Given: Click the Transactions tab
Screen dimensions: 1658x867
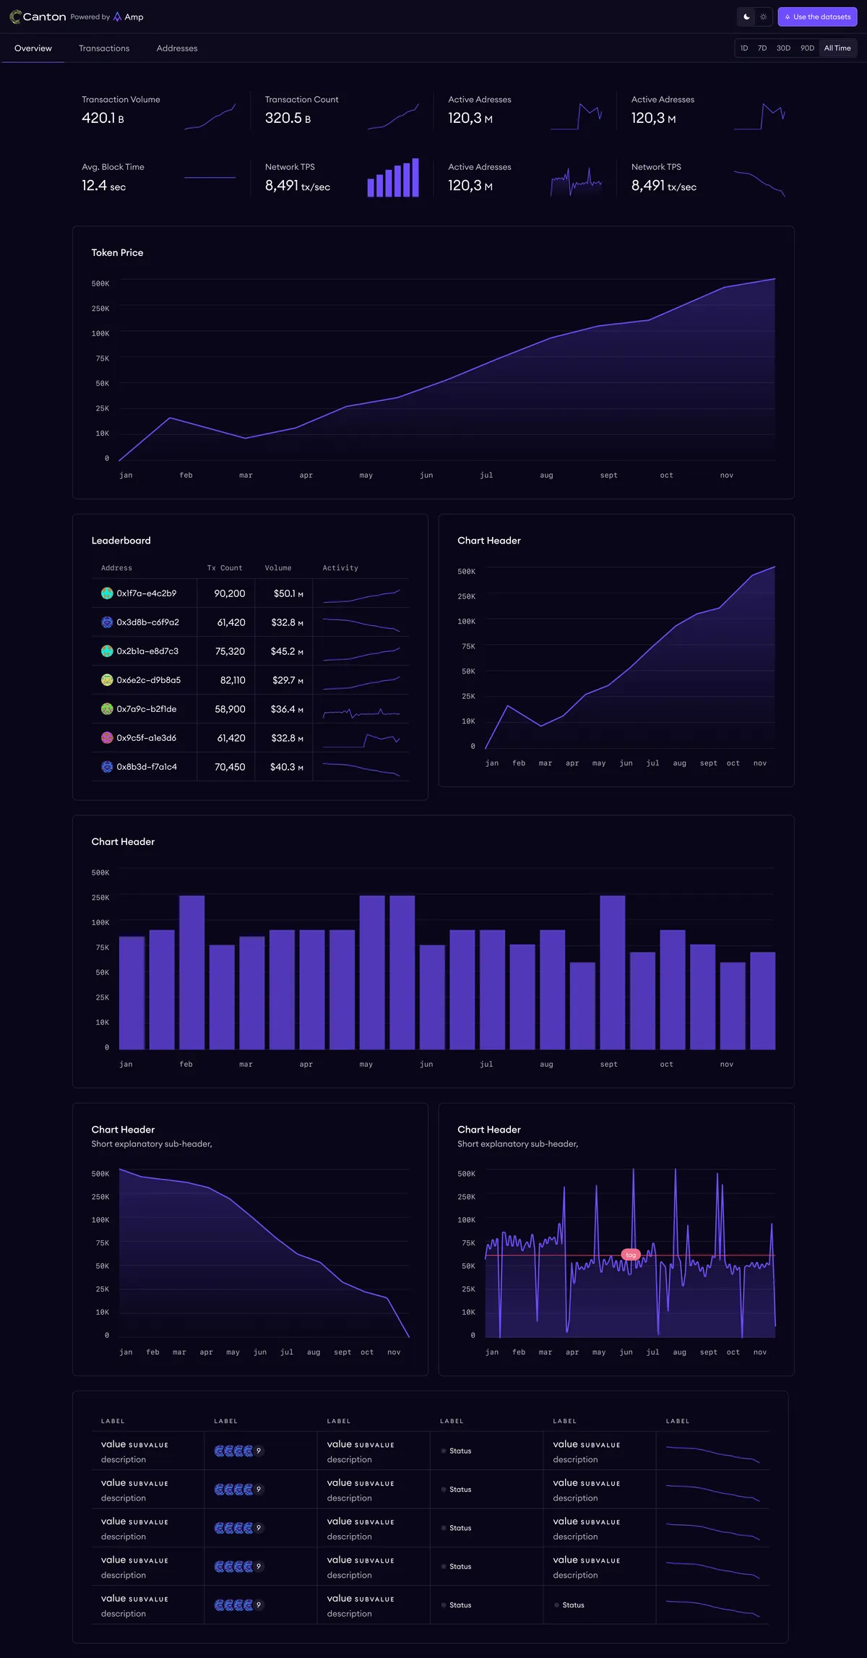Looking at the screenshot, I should (x=104, y=48).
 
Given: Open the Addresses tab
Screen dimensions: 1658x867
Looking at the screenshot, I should (x=177, y=48).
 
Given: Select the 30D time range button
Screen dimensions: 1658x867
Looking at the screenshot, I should (x=783, y=48).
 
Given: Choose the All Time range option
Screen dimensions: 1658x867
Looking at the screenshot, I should (x=837, y=48).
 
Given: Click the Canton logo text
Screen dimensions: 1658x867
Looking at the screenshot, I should (x=44, y=17).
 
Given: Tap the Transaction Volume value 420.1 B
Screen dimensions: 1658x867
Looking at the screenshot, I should (x=103, y=119).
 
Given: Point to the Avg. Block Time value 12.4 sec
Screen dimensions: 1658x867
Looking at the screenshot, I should (x=103, y=186).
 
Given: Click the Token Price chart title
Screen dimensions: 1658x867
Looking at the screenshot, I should (x=117, y=253).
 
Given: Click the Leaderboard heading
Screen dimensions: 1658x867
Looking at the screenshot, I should (x=121, y=541).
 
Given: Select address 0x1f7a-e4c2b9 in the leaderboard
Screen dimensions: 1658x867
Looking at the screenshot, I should (x=146, y=593).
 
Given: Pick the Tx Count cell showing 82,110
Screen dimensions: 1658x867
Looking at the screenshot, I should (x=233, y=680).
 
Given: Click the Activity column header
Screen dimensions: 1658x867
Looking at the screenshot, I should (x=340, y=568).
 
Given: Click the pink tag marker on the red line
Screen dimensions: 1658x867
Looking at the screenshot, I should (x=631, y=1255).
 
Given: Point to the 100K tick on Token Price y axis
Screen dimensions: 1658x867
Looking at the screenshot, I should (x=100, y=334).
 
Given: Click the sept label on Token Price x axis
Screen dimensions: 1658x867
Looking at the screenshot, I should (x=608, y=476).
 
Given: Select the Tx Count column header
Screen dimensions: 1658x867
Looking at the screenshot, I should (x=225, y=568).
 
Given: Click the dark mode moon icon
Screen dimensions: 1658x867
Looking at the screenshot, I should (x=746, y=17).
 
